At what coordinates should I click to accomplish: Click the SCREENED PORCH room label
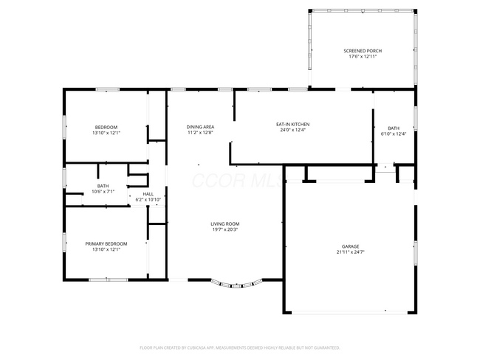point(363,51)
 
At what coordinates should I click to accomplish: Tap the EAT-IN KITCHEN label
point(292,125)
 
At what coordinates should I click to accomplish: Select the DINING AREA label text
point(200,127)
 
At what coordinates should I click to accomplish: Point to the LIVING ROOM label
point(224,224)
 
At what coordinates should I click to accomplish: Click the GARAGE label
point(350,246)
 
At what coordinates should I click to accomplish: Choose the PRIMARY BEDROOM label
point(106,243)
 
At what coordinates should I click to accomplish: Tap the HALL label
point(148,194)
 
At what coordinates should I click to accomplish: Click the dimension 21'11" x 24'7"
point(350,252)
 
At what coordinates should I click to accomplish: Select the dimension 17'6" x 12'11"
point(363,57)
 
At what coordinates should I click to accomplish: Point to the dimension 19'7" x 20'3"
point(224,229)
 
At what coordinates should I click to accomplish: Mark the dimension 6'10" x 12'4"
point(394,134)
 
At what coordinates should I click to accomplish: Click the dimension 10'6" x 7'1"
point(103,191)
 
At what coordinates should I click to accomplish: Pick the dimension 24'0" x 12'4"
point(292,131)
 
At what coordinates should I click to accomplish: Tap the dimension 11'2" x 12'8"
point(200,133)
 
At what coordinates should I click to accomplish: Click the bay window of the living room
point(236,284)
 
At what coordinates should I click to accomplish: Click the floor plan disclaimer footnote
point(239,347)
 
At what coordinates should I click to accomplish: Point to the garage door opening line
point(349,313)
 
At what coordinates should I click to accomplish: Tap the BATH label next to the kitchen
point(394,128)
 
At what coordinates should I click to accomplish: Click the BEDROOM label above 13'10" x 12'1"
point(106,127)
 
